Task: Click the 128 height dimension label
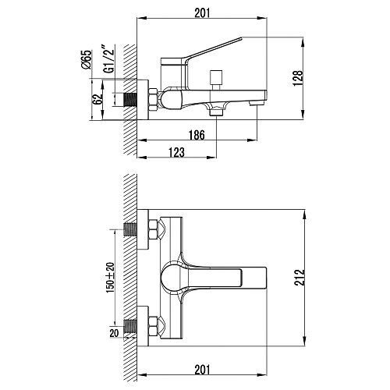click(299, 78)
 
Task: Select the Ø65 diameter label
click(87, 59)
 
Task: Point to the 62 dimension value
click(98, 99)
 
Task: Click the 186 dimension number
click(197, 135)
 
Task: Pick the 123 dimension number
click(177, 152)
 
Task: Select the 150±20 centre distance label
click(110, 278)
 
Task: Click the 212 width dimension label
click(300, 278)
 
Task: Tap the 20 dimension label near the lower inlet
click(114, 333)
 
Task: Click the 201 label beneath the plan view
click(202, 370)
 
